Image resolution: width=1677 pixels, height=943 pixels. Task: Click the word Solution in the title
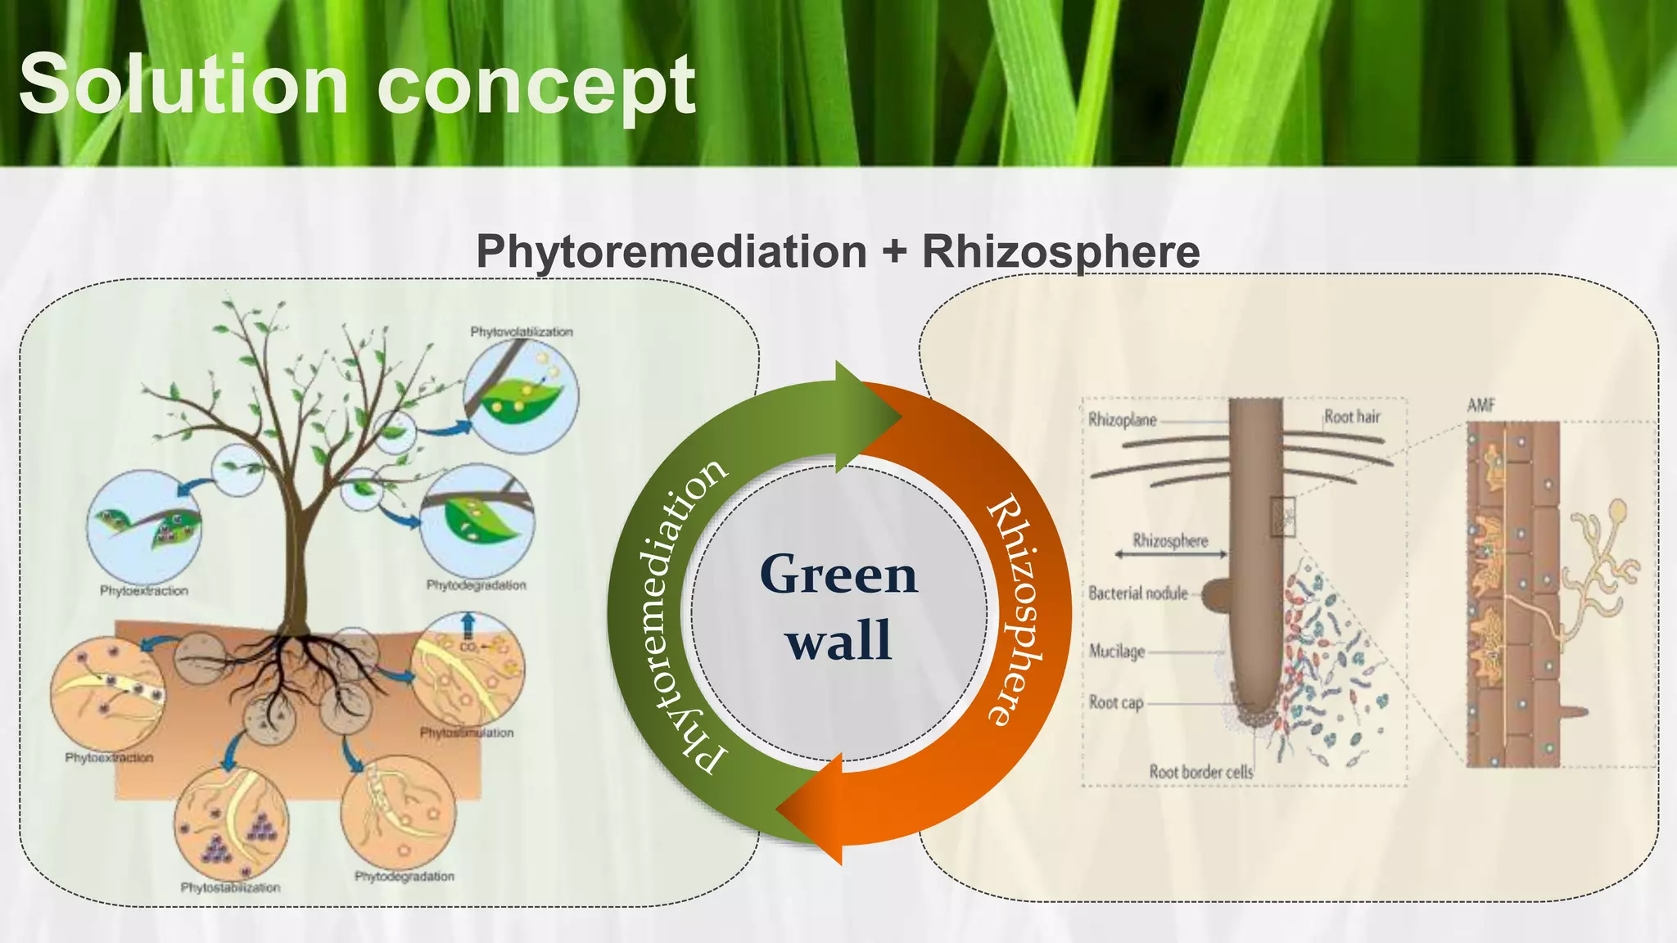(x=183, y=84)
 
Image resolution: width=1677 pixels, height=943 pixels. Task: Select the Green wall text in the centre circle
(x=838, y=607)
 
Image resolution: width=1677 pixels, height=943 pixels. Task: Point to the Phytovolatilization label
(x=521, y=332)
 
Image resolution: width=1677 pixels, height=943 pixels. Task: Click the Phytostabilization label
(x=230, y=887)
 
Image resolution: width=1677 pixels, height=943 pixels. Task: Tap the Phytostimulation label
(x=467, y=733)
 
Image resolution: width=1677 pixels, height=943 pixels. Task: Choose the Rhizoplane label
(x=1122, y=420)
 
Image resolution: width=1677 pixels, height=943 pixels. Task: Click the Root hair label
(x=1352, y=417)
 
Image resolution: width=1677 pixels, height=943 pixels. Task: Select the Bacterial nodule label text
(x=1137, y=593)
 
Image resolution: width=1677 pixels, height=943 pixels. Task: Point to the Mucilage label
(x=1116, y=652)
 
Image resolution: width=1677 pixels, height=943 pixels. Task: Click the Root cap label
(x=1115, y=702)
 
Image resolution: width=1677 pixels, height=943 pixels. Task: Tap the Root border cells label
(x=1200, y=771)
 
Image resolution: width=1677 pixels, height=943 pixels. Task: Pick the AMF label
(x=1480, y=404)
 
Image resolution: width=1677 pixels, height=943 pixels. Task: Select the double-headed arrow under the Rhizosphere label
(x=1171, y=555)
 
